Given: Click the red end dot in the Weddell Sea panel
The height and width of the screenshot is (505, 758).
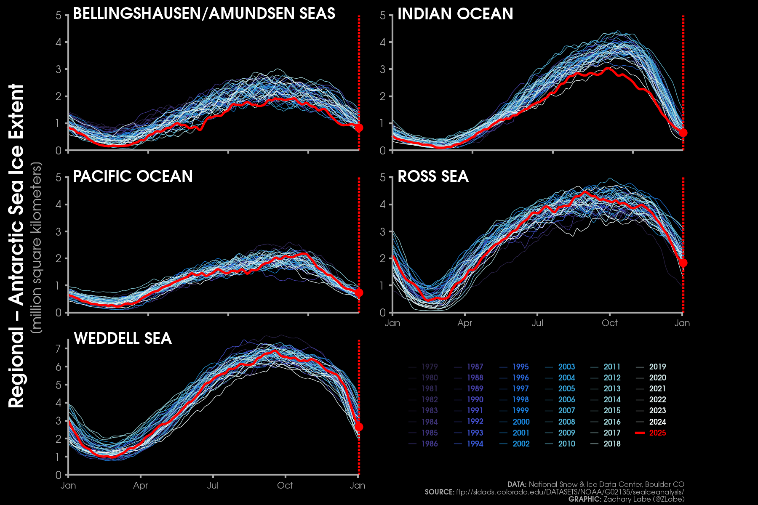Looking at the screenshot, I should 359,427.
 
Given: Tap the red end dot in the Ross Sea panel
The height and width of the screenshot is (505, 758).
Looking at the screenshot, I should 683,263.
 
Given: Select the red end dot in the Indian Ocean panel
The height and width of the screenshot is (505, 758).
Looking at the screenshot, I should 683,133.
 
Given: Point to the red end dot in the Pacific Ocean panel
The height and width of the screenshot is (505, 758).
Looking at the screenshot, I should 359,292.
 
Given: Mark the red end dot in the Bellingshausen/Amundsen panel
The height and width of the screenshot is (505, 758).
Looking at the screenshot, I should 359,128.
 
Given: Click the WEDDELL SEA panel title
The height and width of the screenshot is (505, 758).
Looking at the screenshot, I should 123,338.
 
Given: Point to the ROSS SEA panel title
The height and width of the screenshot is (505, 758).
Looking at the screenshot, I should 433,176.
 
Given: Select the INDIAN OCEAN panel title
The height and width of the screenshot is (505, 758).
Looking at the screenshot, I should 455,14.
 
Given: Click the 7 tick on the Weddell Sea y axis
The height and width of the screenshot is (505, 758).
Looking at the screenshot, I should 59,348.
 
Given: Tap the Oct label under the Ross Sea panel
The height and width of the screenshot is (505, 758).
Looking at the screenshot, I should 609,323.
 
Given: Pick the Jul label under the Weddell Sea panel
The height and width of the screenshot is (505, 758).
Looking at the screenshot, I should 213,486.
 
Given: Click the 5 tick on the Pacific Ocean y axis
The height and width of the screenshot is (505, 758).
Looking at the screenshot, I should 59,178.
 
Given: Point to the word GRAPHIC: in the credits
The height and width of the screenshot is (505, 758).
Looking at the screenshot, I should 585,499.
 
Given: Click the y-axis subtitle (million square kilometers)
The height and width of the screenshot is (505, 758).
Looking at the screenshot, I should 37,248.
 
